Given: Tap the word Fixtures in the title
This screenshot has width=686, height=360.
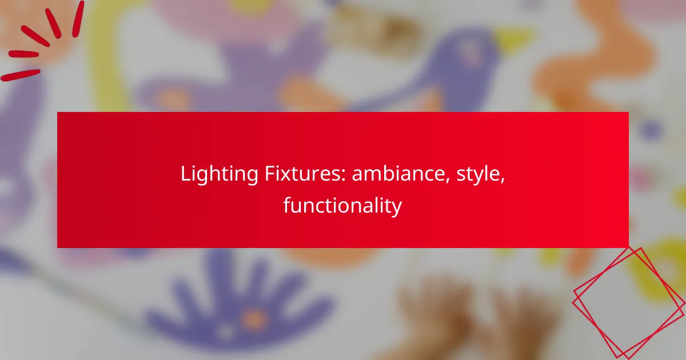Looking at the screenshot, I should [297, 174].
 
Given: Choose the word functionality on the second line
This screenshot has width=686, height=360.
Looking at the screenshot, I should [342, 206].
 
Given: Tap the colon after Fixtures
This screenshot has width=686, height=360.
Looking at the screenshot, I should [343, 177].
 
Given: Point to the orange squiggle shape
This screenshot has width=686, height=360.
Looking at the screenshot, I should [595, 63].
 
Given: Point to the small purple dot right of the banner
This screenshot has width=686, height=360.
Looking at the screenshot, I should [649, 130].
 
